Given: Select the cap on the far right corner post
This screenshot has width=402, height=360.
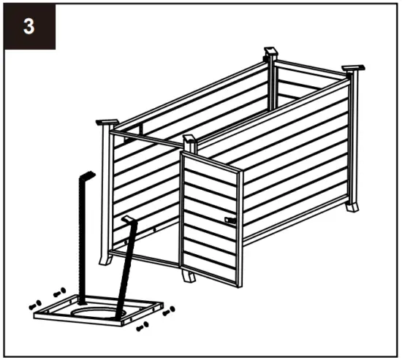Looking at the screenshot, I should point(354,69).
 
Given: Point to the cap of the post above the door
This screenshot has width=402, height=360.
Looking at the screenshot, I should point(191,139).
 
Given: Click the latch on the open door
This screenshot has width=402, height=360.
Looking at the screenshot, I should point(230,220).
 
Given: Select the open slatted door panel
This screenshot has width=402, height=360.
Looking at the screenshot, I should point(211,219).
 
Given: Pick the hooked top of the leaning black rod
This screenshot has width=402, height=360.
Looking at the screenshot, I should point(129,220).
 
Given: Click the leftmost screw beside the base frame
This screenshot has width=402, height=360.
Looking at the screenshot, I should point(34,304).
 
